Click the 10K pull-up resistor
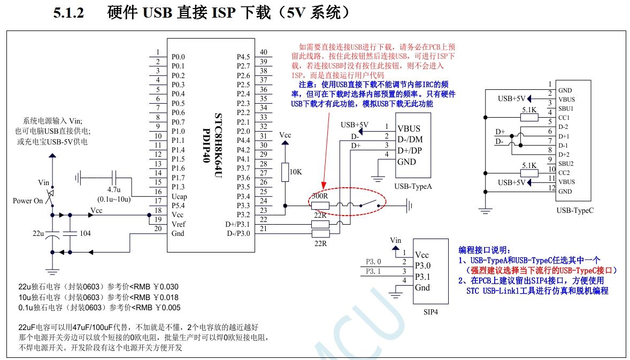[285, 171]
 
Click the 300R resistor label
[320, 196]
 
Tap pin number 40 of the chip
[263, 52]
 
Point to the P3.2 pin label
[243, 215]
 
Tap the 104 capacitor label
[85, 234]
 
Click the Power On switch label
[27, 201]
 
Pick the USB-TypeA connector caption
[412, 186]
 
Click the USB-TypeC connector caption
[574, 210]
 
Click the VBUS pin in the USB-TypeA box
[409, 128]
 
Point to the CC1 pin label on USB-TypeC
[564, 118]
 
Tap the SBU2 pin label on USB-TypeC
[566, 163]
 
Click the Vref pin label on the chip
[179, 224]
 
